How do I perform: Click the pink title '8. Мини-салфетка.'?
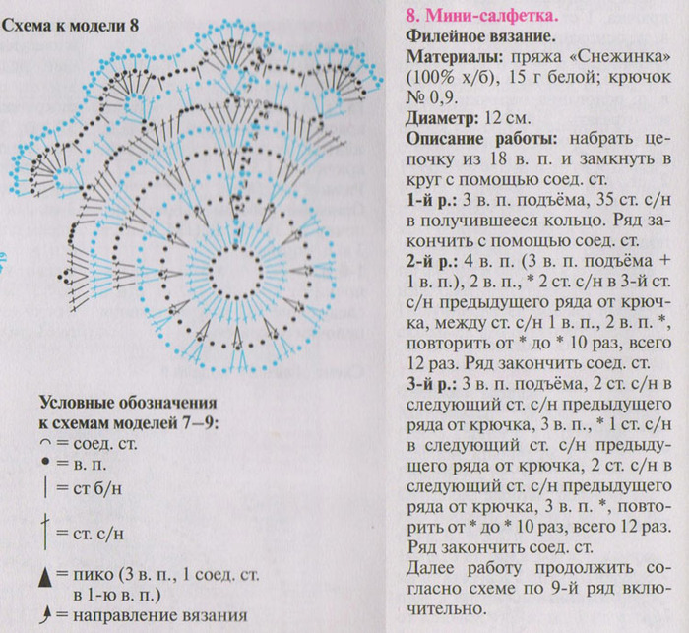click(478, 16)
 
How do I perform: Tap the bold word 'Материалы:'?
click(445, 57)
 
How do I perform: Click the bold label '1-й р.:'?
click(427, 200)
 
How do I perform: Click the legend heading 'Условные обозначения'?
click(127, 403)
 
